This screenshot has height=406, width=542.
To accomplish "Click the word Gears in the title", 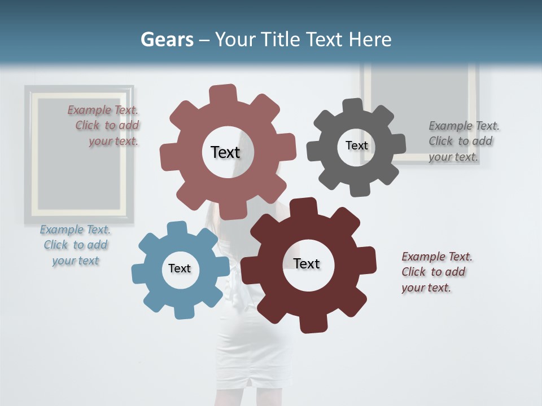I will point(167,39).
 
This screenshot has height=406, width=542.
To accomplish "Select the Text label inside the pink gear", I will point(225,152).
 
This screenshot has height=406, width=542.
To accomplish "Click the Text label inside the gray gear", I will point(356,145).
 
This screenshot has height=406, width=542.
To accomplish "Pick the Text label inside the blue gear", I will point(180,268).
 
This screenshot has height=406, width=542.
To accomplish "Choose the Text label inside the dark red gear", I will point(307,263).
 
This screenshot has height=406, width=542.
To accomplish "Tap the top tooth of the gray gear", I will point(353,107).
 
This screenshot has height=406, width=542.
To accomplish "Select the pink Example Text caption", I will point(107,126).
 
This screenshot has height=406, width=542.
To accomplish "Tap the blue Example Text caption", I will point(76,245).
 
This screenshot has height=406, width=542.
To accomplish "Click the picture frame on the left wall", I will point(79,153).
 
